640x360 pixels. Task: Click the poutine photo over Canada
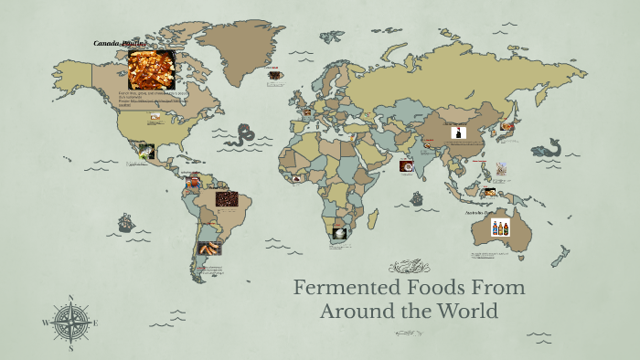point(151,69)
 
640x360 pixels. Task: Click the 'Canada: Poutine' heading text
point(121,43)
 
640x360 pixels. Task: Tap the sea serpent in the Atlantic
point(242,136)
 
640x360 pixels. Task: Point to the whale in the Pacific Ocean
point(547,148)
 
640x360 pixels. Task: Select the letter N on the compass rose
point(71,298)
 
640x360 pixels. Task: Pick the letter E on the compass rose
point(95,323)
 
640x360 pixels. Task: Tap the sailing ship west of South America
point(125,222)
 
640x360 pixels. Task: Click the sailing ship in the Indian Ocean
point(417,197)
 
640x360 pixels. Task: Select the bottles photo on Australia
point(500,227)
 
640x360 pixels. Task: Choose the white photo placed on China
point(458,132)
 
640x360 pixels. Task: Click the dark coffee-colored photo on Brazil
point(227,198)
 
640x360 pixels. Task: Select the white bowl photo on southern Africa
point(339,233)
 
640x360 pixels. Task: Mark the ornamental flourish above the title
point(409,267)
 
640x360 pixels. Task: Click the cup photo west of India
point(406,166)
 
